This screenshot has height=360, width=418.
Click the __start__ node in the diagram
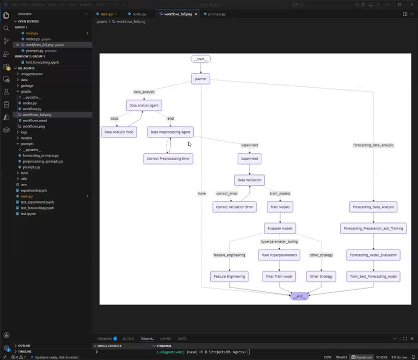coord(200,59)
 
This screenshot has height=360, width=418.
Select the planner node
coord(200,78)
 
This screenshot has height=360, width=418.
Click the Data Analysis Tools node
coord(119,132)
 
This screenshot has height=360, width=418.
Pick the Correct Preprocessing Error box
coord(168,158)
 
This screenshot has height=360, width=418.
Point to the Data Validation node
coord(249,180)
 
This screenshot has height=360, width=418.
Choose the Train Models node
coord(280,206)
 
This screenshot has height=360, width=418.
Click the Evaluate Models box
coord(280,228)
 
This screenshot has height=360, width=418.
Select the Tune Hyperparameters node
coord(279,255)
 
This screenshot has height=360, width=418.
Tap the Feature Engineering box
coord(229,276)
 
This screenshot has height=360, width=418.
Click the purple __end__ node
coord(299,296)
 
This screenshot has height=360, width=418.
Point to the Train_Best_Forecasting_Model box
coord(373,276)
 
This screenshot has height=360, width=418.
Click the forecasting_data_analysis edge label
coord(373,145)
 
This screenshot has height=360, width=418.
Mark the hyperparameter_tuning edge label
coord(279,241)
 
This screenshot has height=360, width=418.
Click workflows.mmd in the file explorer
coord(34,120)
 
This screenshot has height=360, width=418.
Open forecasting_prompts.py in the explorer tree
coord(41,155)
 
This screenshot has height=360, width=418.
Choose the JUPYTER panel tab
coord(166,338)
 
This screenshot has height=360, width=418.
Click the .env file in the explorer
coord(24,184)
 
